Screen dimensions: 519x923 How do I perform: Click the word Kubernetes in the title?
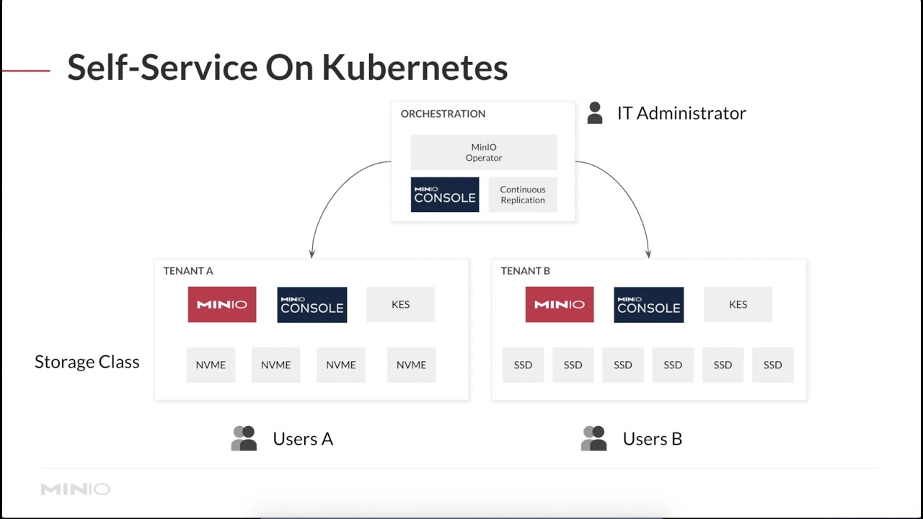(415, 68)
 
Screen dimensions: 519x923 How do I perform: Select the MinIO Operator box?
(484, 152)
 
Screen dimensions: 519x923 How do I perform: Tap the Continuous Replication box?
(523, 195)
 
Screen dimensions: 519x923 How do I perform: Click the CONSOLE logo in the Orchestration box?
(445, 195)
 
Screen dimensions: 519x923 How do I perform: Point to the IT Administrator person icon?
(595, 113)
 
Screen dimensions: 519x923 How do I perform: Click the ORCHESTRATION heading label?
(443, 114)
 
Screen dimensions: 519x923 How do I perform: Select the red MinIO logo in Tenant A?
(222, 304)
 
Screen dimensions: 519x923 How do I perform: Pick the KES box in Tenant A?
(400, 304)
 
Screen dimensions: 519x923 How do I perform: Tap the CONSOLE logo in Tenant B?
(649, 304)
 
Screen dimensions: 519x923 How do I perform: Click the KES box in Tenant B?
(738, 304)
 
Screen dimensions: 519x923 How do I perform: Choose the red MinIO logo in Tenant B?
(560, 304)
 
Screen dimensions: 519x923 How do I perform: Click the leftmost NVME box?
(211, 365)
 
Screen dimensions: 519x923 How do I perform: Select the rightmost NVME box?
(411, 365)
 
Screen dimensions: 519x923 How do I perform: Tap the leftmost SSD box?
(523, 365)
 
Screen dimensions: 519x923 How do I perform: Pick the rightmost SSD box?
(772, 365)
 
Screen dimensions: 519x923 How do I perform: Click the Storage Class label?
(87, 362)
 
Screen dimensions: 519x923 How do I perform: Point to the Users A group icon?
(244, 438)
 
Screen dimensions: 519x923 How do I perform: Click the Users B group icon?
(593, 438)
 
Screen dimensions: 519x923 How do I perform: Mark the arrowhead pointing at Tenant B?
(648, 254)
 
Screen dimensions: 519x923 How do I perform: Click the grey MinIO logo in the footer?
(75, 489)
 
